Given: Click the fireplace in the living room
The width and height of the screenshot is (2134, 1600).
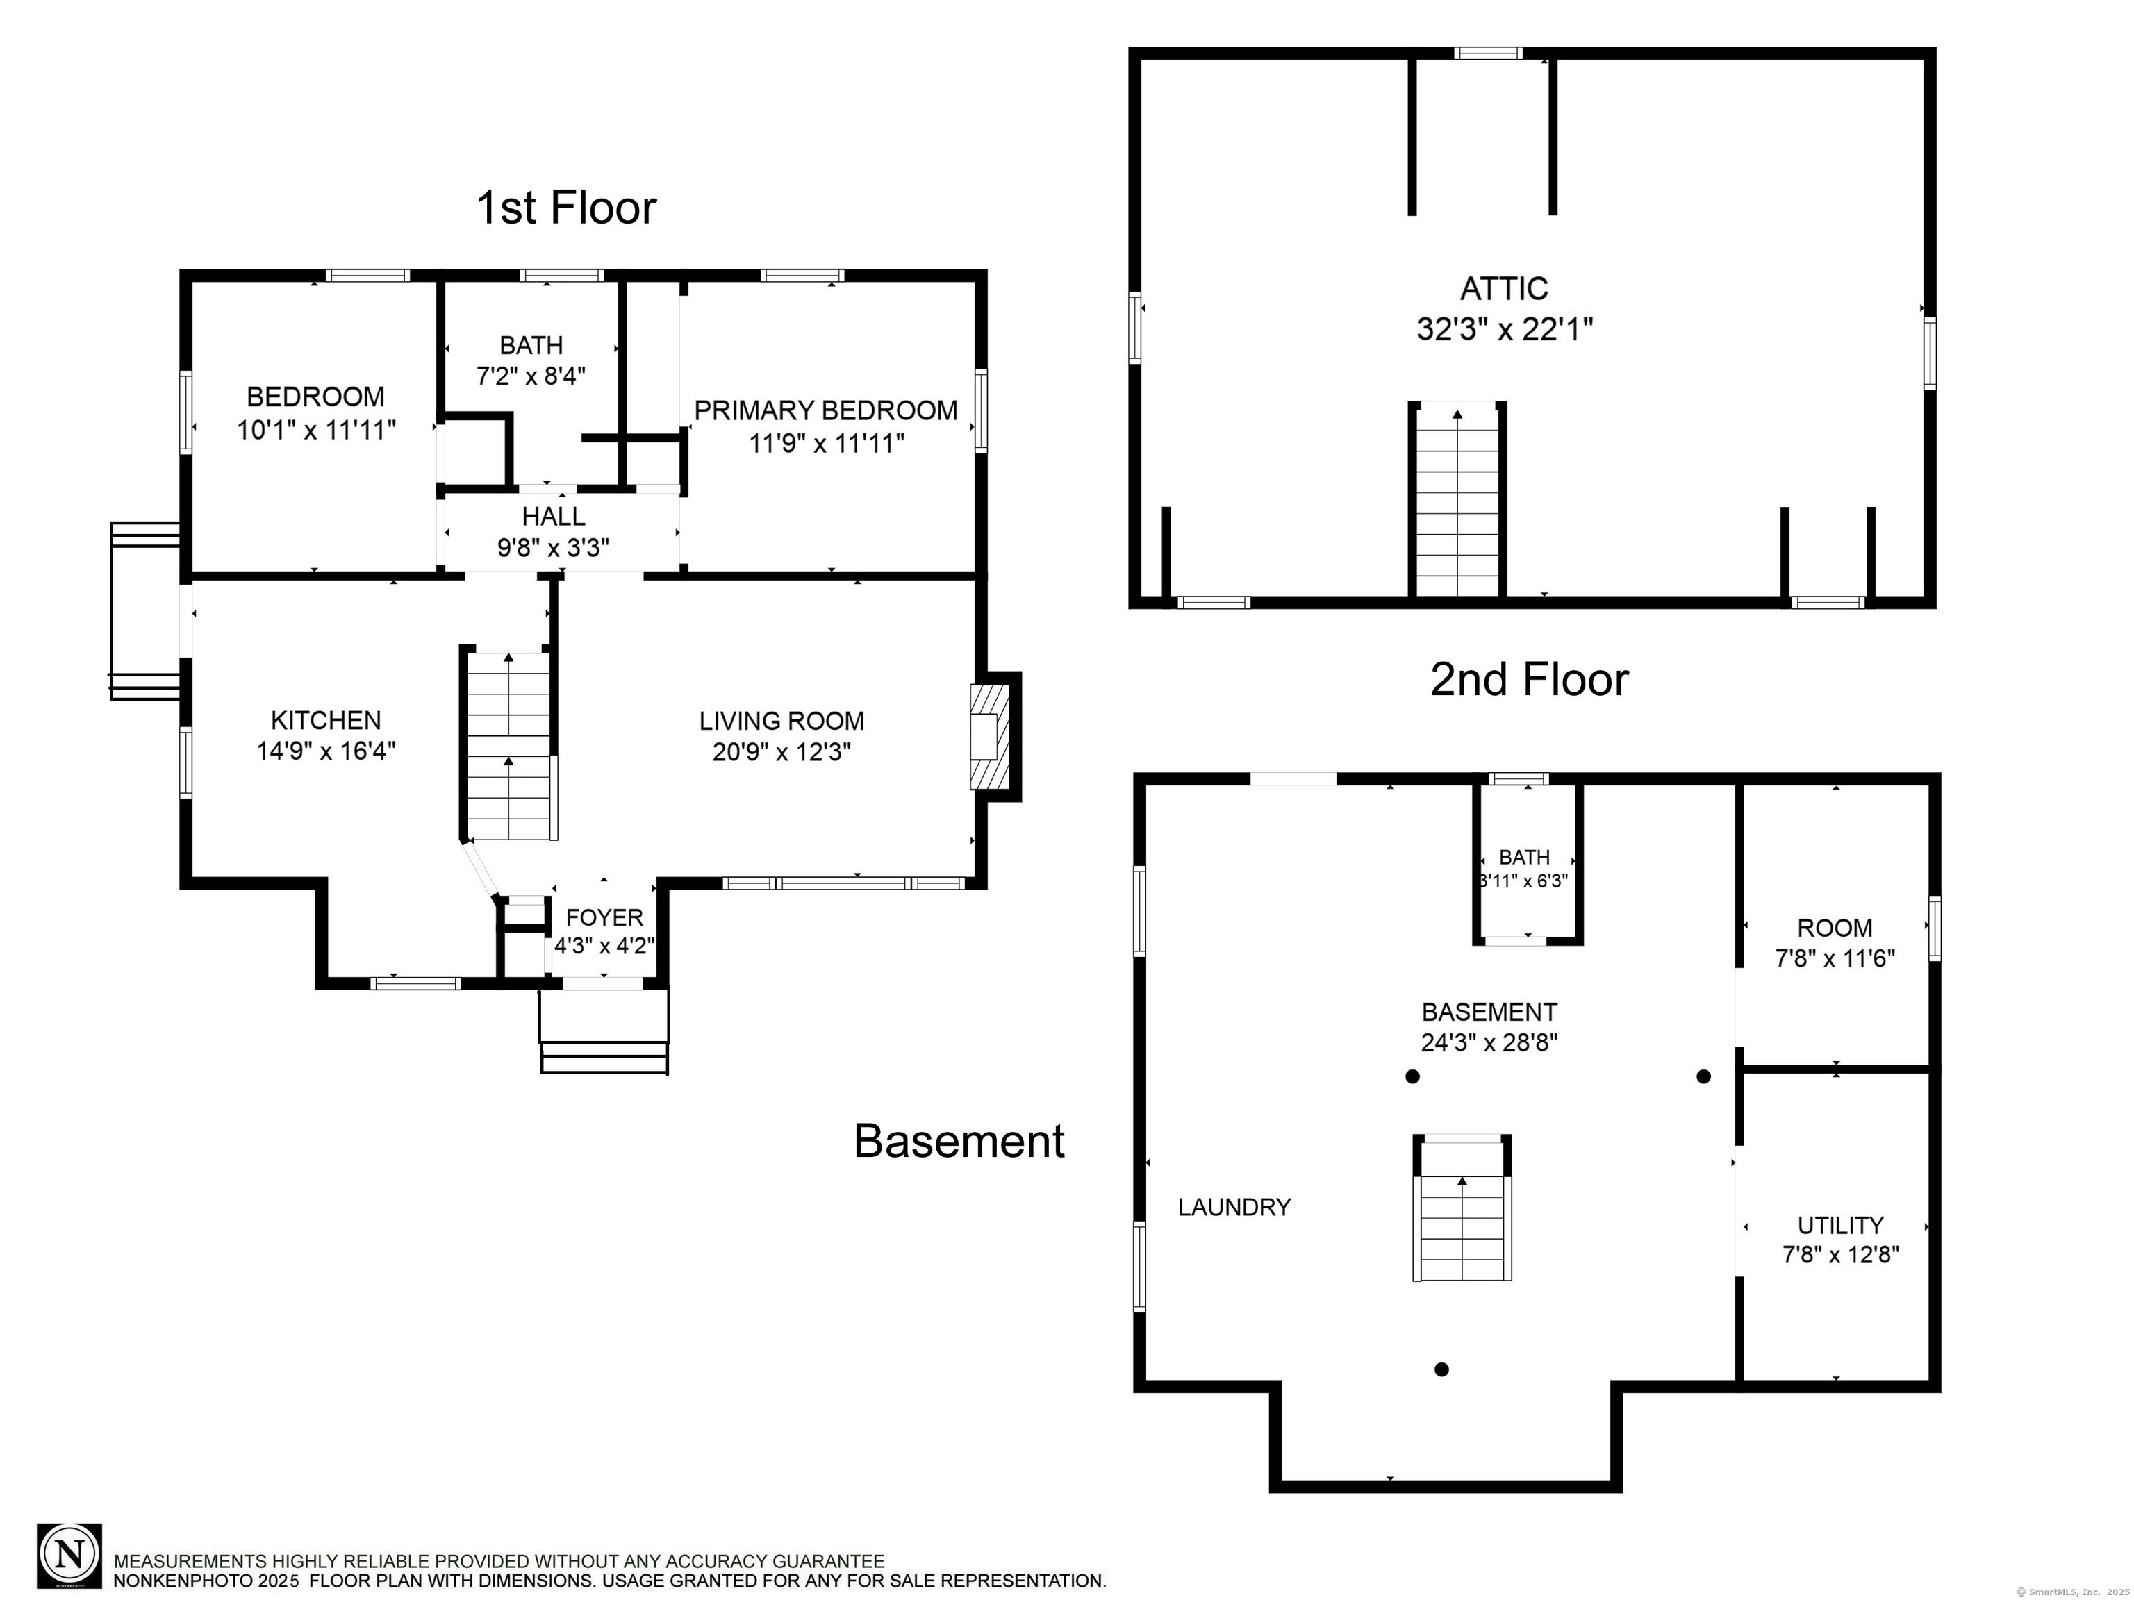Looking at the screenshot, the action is click(990, 737).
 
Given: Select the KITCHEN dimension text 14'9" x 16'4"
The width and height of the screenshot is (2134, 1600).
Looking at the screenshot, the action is click(326, 751).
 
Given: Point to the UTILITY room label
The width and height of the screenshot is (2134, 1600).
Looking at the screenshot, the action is click(1839, 1225).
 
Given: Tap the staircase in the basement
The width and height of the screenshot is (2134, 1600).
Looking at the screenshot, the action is click(1462, 1208).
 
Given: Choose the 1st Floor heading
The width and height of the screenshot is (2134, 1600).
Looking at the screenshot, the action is click(566, 208).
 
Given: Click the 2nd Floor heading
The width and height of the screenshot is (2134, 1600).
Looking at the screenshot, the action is click(1529, 680).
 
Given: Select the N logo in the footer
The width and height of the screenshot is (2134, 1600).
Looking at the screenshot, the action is click(69, 1556).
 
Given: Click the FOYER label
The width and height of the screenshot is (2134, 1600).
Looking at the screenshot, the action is click(604, 917).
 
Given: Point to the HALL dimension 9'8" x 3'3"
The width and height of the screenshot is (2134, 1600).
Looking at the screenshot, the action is click(553, 548).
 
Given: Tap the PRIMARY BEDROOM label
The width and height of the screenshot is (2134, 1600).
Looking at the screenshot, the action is click(826, 411).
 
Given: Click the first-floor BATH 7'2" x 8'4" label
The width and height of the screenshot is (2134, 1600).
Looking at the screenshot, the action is click(531, 360).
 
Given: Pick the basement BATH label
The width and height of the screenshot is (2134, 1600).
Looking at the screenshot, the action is click(1524, 856).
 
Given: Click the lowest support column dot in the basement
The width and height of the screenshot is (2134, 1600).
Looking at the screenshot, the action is click(1441, 1369).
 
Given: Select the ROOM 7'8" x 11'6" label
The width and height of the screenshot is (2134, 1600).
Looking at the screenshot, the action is click(1835, 942).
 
